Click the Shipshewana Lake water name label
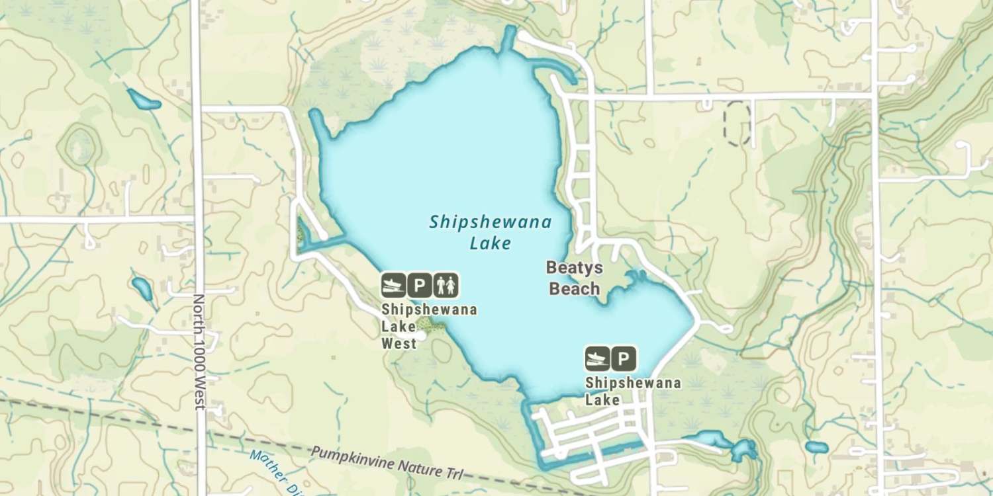[490, 232]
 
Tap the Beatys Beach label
[573, 278]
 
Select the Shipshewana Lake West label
[428, 326]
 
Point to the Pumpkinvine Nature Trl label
[387, 463]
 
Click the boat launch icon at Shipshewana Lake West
[393, 285]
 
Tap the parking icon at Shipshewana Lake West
[419, 285]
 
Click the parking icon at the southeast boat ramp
[623, 358]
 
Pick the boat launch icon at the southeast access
[596, 358]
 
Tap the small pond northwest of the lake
[144, 100]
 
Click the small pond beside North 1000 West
[142, 288]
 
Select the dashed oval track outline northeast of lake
[737, 123]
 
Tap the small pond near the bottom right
[817, 448]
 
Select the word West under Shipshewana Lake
[399, 343]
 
